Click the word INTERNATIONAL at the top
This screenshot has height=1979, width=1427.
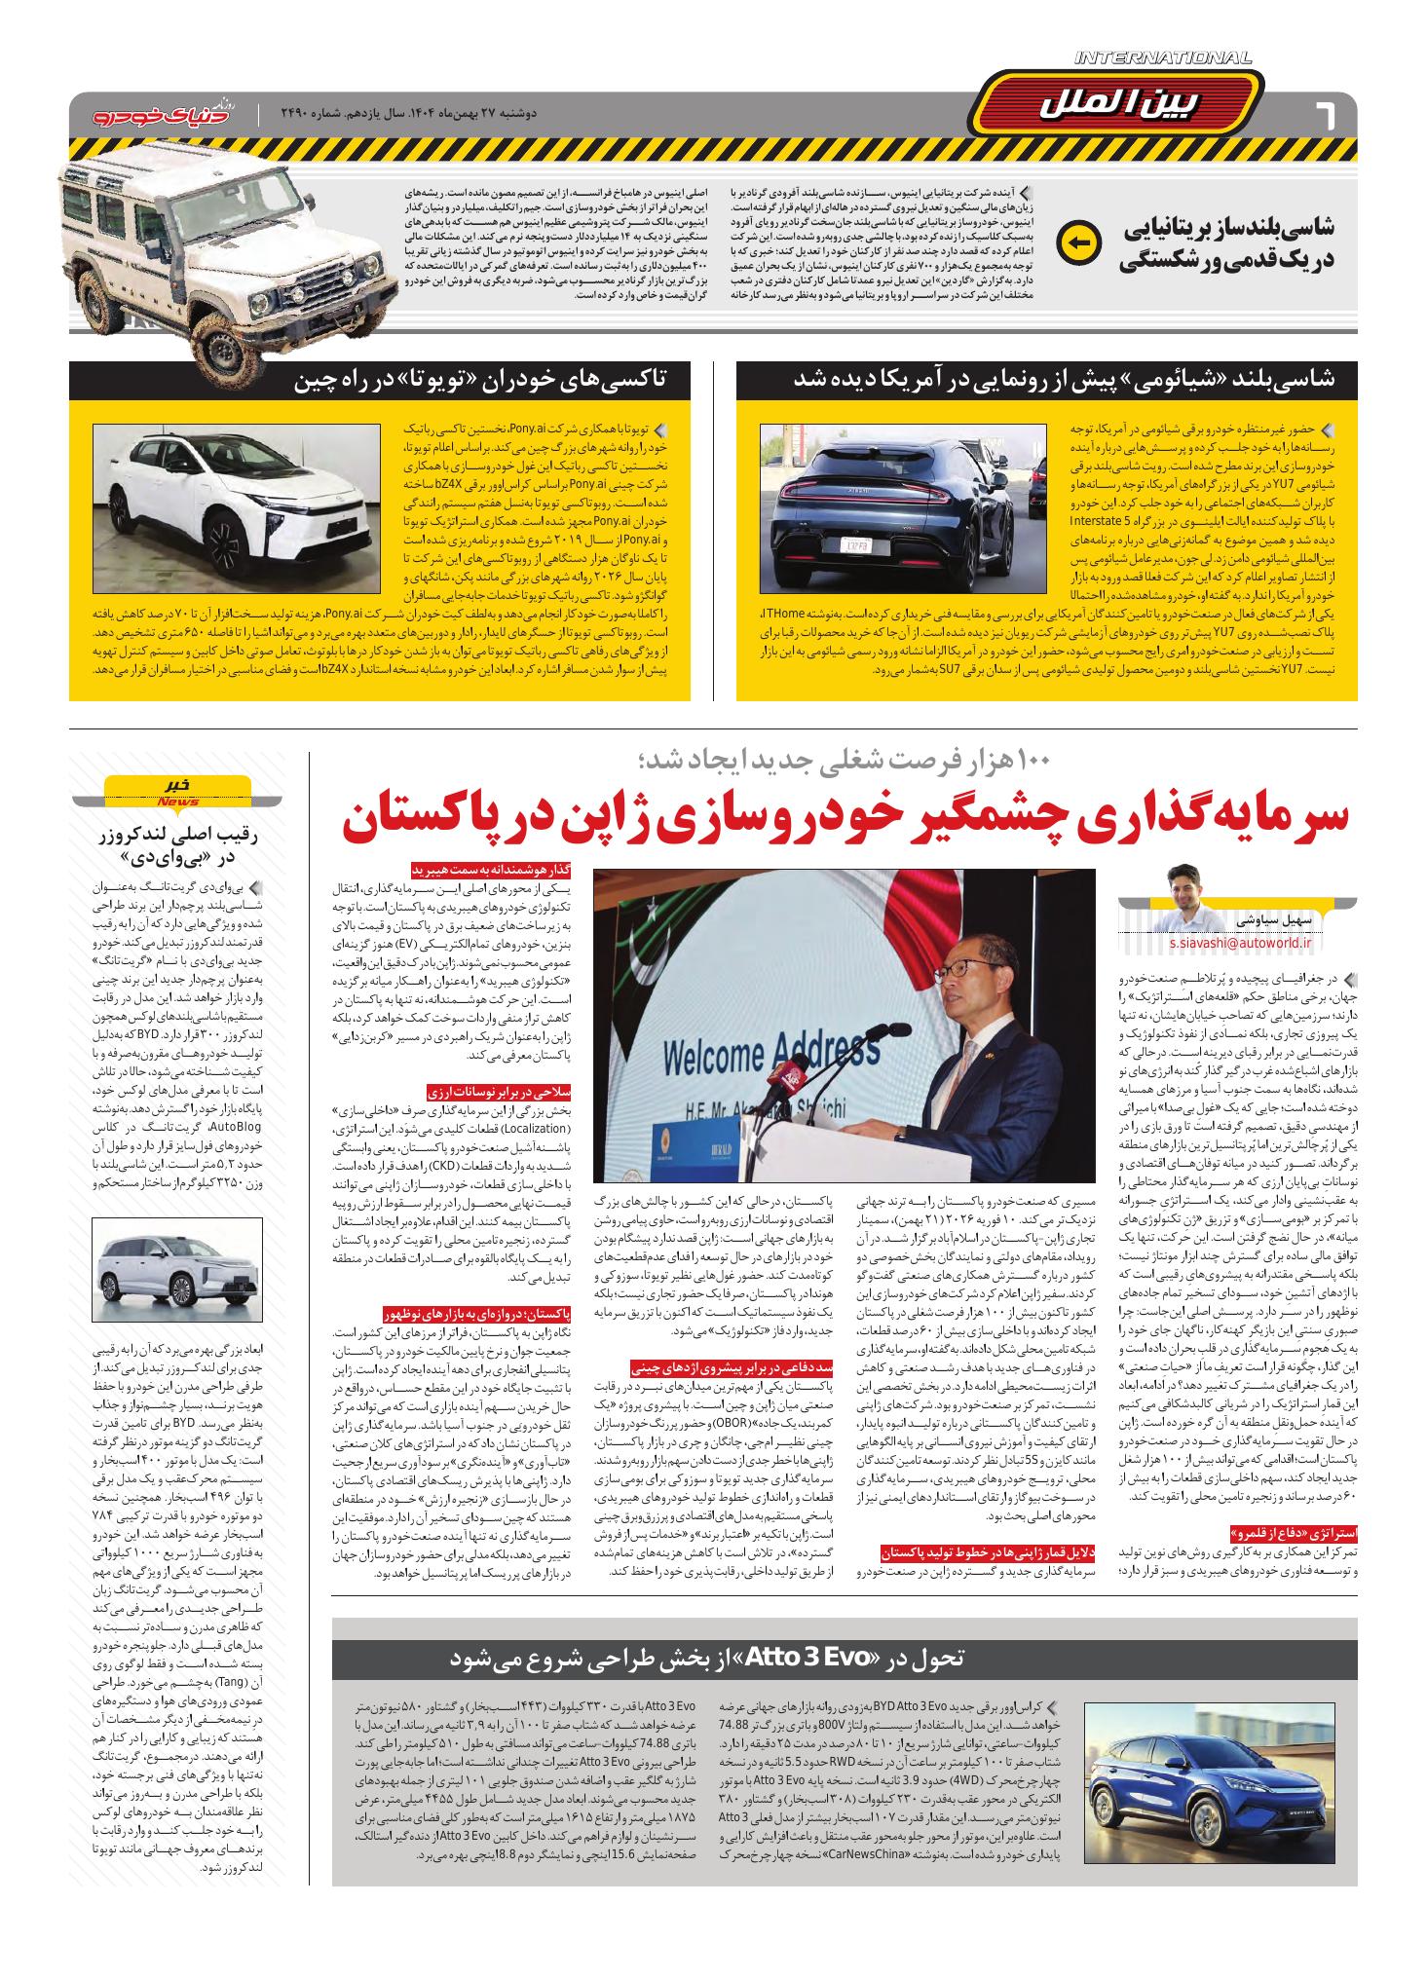[1163, 59]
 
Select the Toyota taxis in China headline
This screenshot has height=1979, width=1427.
[493, 380]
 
